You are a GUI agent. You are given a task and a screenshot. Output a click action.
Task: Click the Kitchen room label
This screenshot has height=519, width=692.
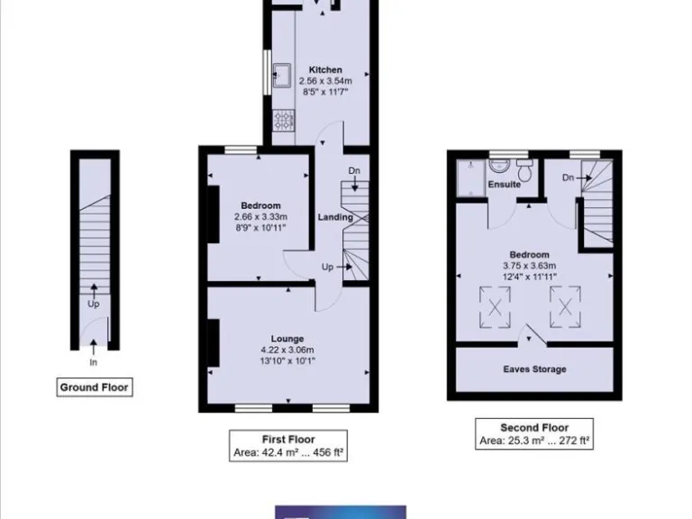click(325, 69)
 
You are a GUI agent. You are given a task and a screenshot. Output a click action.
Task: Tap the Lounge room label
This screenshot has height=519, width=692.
click(287, 339)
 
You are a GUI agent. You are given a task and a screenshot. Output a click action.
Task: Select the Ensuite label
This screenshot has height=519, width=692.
click(504, 185)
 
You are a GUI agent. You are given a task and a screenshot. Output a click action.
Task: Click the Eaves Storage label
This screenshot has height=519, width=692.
click(534, 369)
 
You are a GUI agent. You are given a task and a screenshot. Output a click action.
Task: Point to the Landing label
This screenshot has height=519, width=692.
click(335, 217)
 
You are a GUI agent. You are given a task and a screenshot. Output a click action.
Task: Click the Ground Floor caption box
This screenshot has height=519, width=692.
click(94, 387)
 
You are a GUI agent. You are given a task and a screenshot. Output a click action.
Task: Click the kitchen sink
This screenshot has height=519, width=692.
click(281, 72)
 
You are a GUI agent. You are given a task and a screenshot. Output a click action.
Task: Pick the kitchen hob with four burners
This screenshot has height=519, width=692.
click(282, 117)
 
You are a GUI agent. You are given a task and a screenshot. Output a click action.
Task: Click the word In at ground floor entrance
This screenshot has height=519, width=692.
click(93, 362)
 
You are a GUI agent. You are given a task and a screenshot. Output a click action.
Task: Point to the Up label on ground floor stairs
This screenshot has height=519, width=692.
click(93, 304)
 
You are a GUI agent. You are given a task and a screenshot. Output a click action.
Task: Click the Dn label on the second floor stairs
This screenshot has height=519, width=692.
click(568, 178)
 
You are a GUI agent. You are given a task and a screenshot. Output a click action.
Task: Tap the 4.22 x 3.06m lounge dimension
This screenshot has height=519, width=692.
click(287, 350)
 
